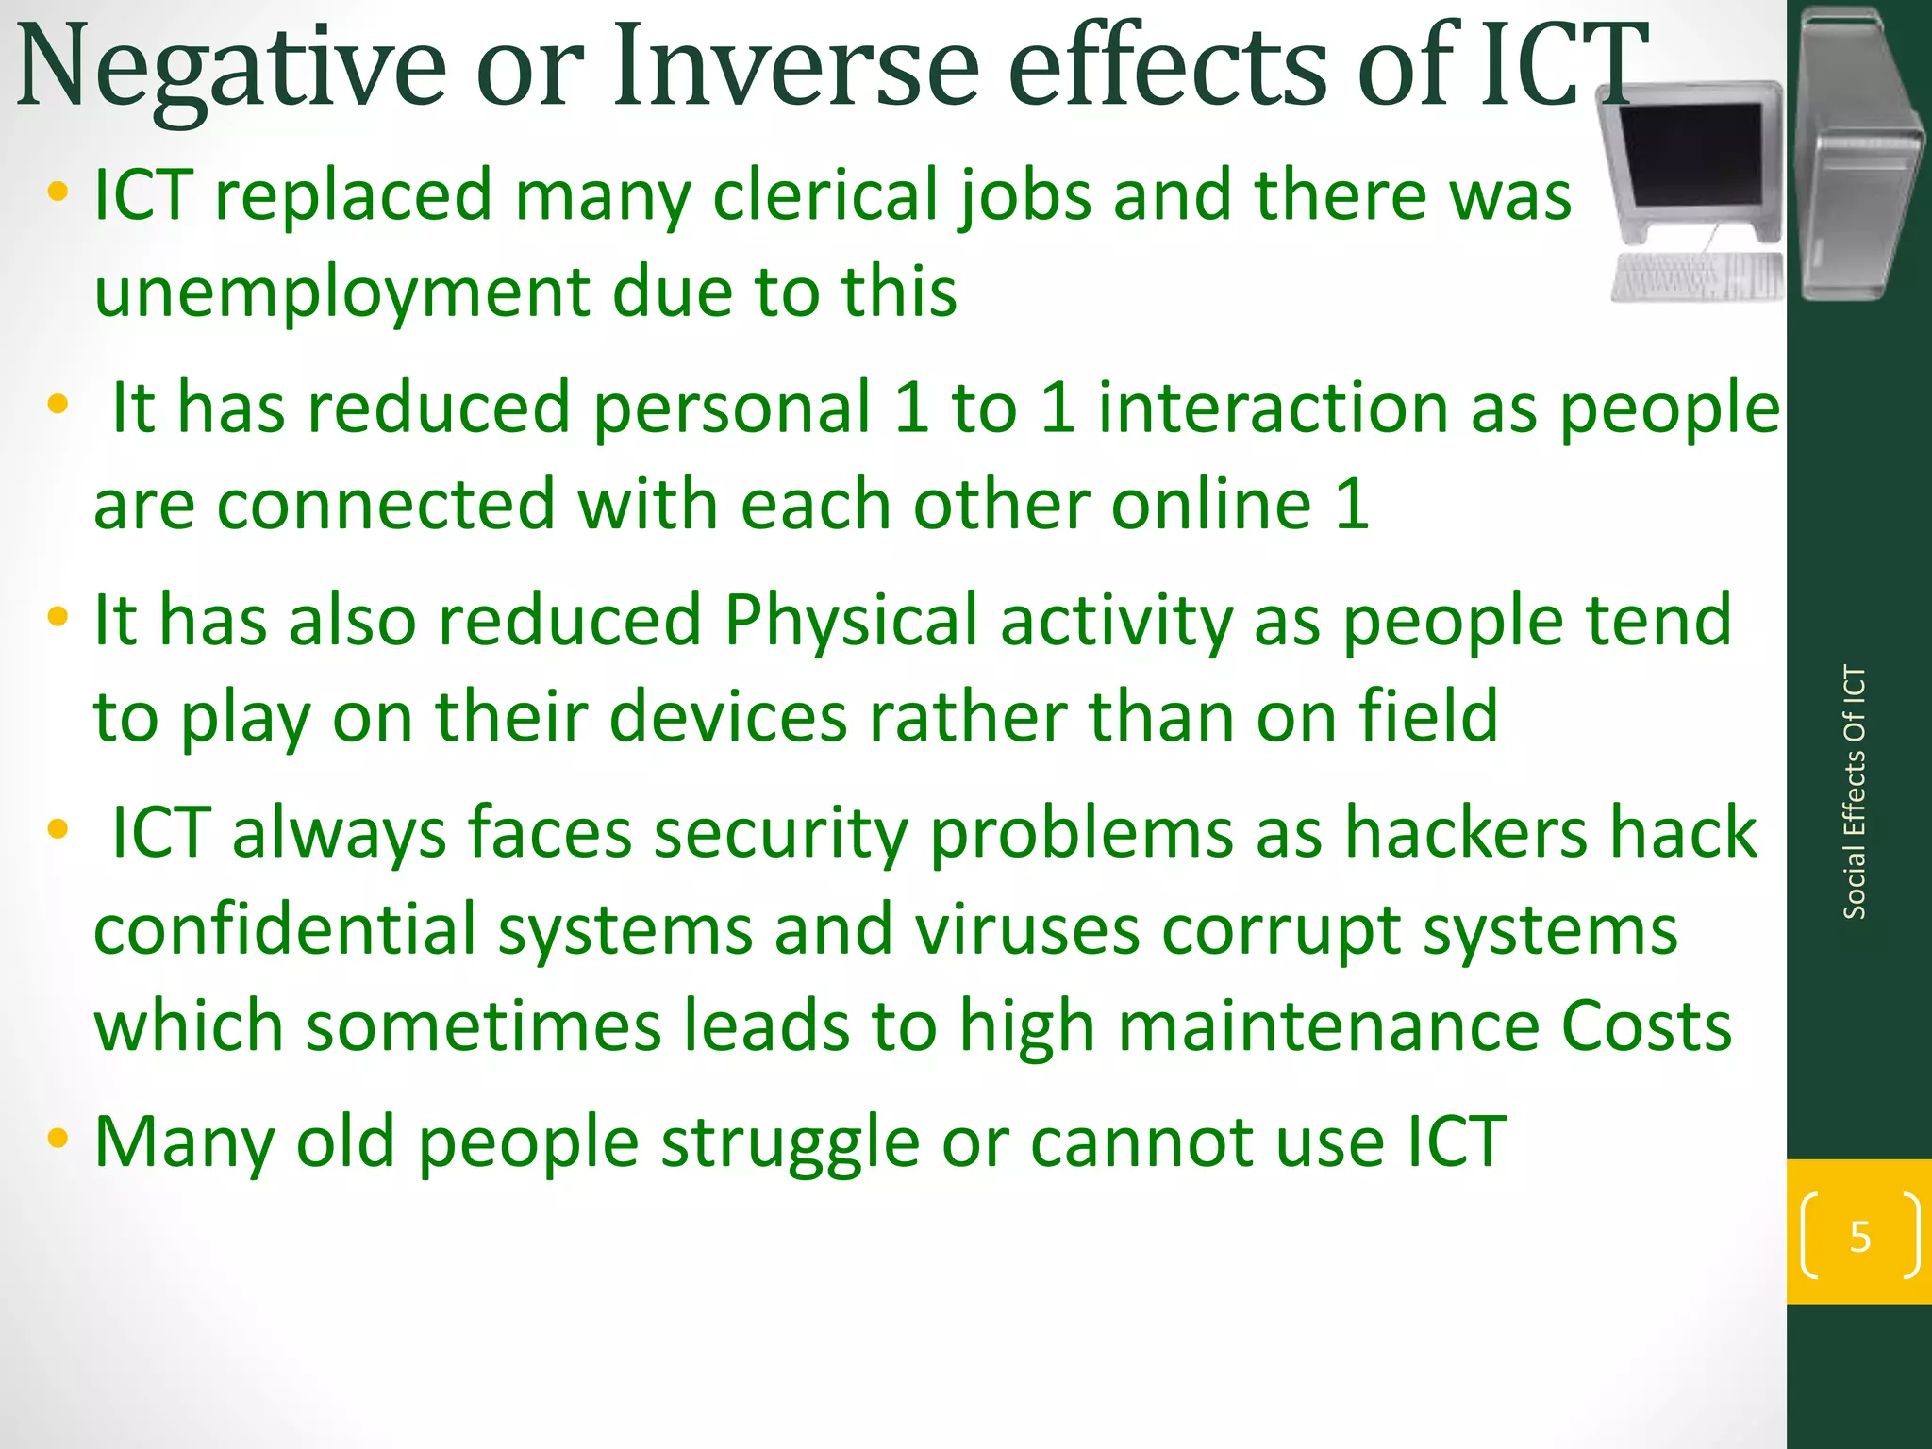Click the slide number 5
[x=1859, y=1237]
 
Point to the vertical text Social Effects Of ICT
[x=1854, y=792]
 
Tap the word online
[x=1211, y=505]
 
